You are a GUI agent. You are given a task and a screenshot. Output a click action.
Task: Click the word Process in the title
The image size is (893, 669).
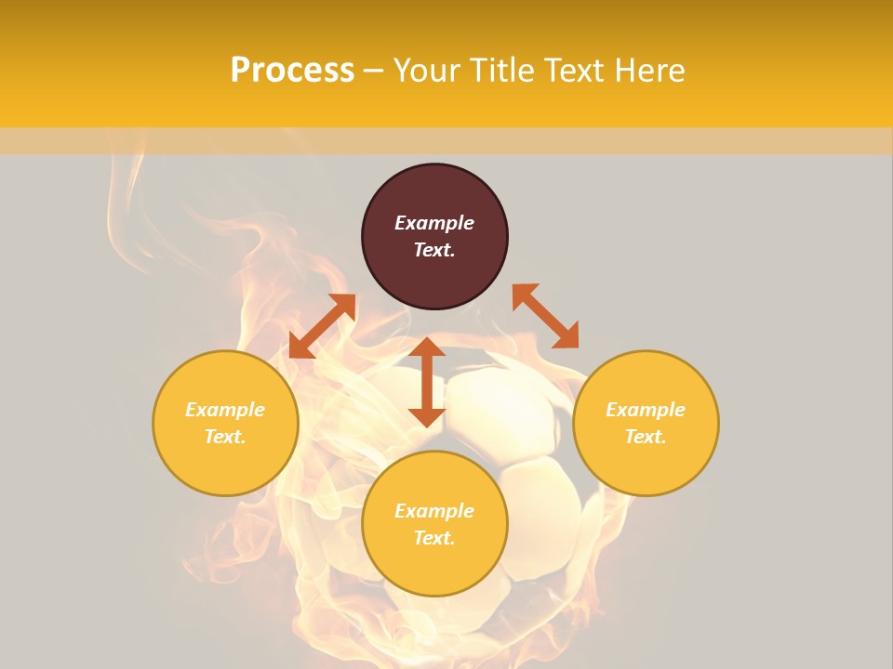click(x=292, y=71)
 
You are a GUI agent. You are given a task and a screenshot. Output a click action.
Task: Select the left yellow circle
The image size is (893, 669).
click(x=225, y=465)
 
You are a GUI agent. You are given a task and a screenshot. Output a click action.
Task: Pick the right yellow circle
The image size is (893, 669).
click(x=646, y=465)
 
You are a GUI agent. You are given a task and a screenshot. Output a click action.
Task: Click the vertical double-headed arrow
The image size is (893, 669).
click(x=427, y=382)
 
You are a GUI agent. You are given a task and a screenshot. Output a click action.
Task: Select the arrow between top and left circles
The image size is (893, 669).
click(x=322, y=326)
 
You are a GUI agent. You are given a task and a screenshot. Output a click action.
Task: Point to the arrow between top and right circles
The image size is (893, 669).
click(x=546, y=316)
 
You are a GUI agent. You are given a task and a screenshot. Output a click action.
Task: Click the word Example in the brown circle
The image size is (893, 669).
click(x=434, y=223)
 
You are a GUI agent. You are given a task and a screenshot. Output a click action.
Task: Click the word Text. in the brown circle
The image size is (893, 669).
click(x=434, y=250)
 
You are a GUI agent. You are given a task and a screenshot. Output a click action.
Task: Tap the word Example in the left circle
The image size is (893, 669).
click(x=225, y=410)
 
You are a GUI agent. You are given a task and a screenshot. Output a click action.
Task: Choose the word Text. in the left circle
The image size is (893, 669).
click(x=225, y=437)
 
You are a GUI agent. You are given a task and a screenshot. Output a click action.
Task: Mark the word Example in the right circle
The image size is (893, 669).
click(x=646, y=410)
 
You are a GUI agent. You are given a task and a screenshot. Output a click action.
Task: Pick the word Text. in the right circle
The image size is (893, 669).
click(x=646, y=437)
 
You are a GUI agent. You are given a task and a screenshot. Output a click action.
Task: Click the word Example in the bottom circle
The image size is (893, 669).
click(x=434, y=511)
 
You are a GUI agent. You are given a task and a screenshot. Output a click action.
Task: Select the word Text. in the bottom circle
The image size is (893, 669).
click(x=434, y=538)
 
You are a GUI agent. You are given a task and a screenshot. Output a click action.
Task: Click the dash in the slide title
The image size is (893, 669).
click(x=374, y=72)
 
